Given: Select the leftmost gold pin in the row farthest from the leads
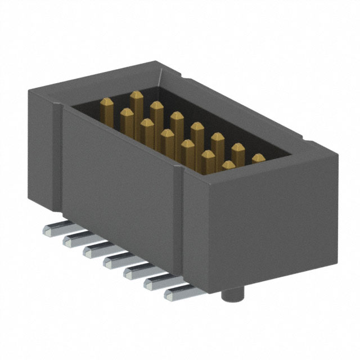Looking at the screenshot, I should click(136, 101).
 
